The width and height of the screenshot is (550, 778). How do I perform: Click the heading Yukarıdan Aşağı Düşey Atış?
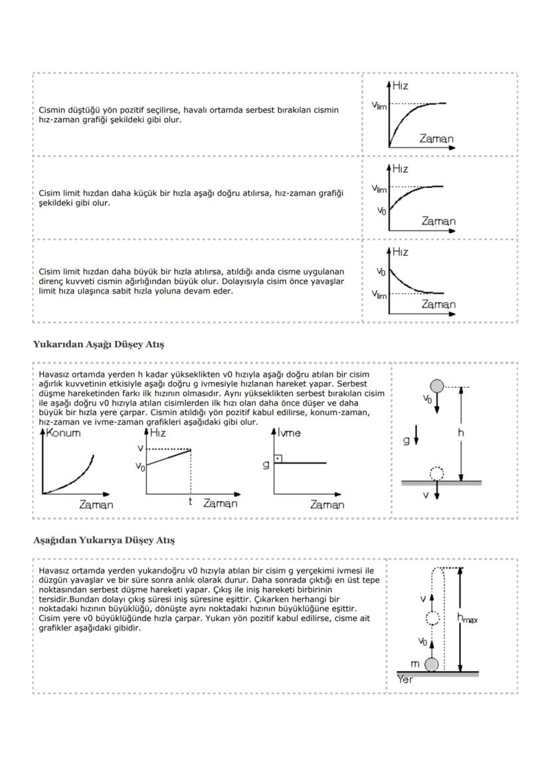[x=98, y=344]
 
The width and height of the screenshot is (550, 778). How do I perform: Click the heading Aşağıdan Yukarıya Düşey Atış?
[x=104, y=540]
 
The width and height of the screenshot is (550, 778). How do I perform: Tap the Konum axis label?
[x=64, y=433]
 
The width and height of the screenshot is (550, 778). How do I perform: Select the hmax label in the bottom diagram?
[x=468, y=617]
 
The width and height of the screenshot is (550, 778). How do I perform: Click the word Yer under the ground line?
[x=405, y=680]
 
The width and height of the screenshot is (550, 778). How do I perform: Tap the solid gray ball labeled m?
[x=432, y=664]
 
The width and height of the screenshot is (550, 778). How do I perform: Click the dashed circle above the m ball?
[x=432, y=619]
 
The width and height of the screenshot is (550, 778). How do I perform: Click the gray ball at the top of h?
[x=436, y=387]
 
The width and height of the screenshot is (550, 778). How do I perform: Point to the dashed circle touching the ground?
[x=436, y=474]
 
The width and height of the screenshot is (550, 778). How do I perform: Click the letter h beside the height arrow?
[x=470, y=432]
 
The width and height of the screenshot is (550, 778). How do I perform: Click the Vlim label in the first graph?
[x=379, y=104]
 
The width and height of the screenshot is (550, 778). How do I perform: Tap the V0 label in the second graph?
[x=381, y=211]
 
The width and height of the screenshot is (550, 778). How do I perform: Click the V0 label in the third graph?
[x=381, y=272]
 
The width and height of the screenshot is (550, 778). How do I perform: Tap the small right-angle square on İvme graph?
[x=277, y=459]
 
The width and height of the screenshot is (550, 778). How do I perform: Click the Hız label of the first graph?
[x=401, y=85]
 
